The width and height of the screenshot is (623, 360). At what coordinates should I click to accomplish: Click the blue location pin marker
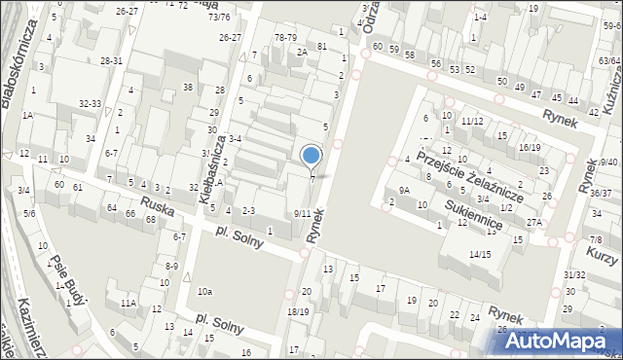click(x=311, y=156)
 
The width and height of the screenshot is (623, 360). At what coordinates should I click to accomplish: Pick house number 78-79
click(x=285, y=37)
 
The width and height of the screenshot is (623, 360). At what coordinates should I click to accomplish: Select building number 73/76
click(x=219, y=17)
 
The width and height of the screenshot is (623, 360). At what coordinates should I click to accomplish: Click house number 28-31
click(x=111, y=60)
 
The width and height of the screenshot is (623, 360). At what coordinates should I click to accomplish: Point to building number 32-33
click(x=91, y=102)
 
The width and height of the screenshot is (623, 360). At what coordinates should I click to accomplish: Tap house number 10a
click(x=204, y=291)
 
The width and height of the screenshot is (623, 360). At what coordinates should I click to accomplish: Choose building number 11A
click(x=128, y=304)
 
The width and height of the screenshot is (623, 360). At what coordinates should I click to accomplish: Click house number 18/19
click(x=298, y=311)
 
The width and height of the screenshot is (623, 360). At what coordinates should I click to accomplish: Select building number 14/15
click(x=480, y=254)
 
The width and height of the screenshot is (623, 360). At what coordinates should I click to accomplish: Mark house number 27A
click(x=534, y=222)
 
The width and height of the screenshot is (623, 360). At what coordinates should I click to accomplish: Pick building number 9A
click(x=404, y=191)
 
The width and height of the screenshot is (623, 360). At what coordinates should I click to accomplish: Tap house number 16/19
click(x=530, y=147)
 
